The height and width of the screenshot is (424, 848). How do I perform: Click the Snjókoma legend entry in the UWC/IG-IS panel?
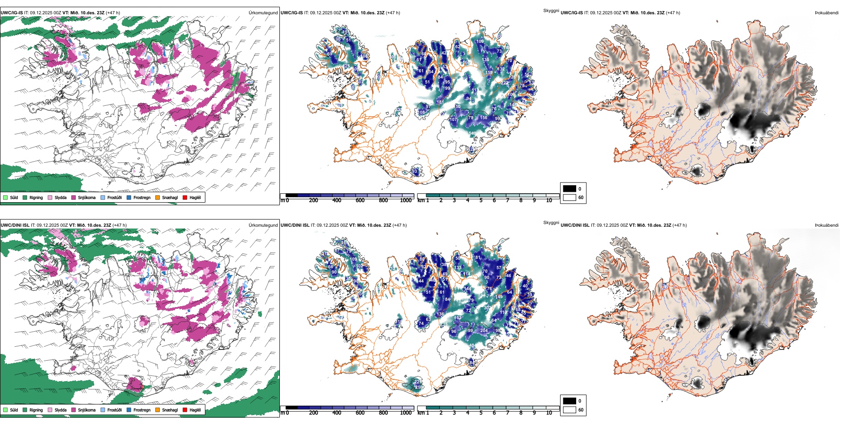(87, 197)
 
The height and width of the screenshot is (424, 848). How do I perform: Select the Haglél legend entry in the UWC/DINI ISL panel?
(195, 410)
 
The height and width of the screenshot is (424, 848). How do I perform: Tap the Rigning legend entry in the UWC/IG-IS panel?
(36, 197)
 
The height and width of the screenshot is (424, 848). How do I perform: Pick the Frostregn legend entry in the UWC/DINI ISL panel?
(141, 410)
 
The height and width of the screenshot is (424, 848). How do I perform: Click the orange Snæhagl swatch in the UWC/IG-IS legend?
(158, 197)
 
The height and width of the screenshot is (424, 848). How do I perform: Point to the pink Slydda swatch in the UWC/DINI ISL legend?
(50, 410)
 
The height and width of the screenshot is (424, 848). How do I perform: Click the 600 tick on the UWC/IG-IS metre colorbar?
(360, 200)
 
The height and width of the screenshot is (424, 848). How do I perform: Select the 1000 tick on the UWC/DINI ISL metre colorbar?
(406, 413)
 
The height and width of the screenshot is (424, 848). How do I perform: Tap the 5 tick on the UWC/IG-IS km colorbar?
(481, 200)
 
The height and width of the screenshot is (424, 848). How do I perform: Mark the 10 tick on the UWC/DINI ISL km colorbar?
(549, 413)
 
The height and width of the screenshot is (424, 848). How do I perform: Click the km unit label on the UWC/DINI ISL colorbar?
(421, 413)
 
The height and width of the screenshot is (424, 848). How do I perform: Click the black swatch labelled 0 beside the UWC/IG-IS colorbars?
(569, 189)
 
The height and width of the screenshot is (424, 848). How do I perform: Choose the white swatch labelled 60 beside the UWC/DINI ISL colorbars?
(569, 410)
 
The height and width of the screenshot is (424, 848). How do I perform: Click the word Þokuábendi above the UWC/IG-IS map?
(827, 13)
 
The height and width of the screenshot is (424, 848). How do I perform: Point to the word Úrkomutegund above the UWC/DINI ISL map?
(263, 225)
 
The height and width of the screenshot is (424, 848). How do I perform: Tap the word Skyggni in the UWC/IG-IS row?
(551, 11)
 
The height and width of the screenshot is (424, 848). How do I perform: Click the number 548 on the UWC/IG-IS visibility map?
(472, 133)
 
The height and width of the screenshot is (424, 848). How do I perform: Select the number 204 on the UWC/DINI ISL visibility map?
(484, 331)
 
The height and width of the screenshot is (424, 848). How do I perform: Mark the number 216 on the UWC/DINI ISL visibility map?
(419, 387)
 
